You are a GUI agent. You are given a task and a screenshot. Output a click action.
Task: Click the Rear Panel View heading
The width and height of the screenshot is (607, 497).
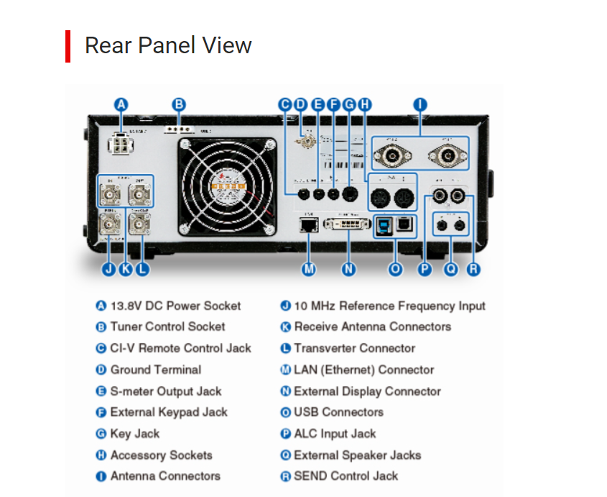(x=168, y=46)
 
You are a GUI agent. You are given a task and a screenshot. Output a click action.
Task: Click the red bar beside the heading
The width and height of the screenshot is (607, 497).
(x=68, y=46)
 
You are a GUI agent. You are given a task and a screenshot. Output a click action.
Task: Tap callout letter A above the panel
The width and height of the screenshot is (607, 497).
(x=121, y=104)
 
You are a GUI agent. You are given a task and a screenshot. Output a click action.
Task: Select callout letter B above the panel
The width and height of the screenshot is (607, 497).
(x=179, y=104)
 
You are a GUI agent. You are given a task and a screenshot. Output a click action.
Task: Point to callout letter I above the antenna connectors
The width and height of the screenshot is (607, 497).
(x=420, y=104)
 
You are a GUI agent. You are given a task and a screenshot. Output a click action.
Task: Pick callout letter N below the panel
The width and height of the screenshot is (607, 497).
(x=348, y=269)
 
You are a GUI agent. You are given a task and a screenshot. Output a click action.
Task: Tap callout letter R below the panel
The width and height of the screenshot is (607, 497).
(x=473, y=269)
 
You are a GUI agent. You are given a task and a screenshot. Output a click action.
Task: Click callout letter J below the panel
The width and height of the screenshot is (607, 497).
(x=108, y=269)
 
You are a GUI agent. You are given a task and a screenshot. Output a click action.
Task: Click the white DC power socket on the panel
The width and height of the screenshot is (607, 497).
(x=119, y=144)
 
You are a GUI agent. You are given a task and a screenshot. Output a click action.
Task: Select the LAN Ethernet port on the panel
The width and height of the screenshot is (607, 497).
(x=309, y=225)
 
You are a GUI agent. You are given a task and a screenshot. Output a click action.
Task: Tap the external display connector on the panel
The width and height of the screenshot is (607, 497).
(x=348, y=226)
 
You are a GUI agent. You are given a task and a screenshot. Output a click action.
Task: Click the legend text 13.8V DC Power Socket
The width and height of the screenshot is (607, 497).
(x=175, y=306)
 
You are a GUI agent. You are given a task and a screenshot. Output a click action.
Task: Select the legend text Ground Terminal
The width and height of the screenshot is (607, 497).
(x=155, y=370)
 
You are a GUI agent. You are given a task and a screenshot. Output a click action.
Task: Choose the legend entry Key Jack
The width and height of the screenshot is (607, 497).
(x=135, y=434)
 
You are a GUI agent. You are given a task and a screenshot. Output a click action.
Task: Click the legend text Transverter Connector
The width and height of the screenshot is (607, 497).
(x=354, y=349)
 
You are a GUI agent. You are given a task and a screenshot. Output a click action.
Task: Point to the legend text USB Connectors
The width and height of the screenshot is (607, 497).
(x=338, y=413)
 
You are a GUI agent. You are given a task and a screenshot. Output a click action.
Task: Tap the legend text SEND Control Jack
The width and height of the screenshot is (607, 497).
(x=346, y=476)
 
